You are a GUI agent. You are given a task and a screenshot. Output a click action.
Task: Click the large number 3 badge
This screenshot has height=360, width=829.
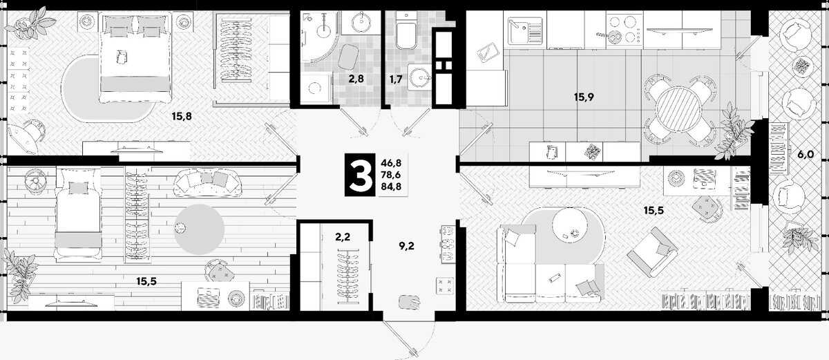click(359, 174)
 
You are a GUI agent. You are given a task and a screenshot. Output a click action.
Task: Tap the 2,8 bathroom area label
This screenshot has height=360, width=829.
click(356, 79)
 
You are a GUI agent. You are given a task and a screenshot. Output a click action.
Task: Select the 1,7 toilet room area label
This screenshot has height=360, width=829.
click(396, 79)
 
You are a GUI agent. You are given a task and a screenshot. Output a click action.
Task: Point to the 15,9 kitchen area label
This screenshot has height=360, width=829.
click(584, 97)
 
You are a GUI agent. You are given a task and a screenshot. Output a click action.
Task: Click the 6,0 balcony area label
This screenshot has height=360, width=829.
click(806, 154)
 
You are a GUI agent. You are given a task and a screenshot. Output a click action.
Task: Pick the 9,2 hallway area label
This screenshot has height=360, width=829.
click(406, 246)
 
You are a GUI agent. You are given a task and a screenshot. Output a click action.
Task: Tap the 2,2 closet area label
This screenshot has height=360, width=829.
click(343, 236)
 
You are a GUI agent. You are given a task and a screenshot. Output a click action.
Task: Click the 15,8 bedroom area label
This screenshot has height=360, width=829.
click(182, 117)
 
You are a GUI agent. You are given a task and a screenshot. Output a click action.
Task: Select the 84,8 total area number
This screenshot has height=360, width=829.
click(391, 186)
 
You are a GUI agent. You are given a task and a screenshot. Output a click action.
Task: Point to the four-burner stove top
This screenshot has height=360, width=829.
click(624, 29)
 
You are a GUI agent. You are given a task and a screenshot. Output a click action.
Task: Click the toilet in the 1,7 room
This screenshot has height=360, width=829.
click(406, 30)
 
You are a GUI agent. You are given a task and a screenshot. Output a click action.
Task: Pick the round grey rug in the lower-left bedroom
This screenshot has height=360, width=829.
click(199, 229)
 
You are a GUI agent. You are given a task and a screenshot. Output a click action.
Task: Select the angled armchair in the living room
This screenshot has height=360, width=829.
click(652, 252)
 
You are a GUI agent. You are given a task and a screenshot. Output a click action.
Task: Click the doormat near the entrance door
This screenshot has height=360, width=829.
click(410, 302)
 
